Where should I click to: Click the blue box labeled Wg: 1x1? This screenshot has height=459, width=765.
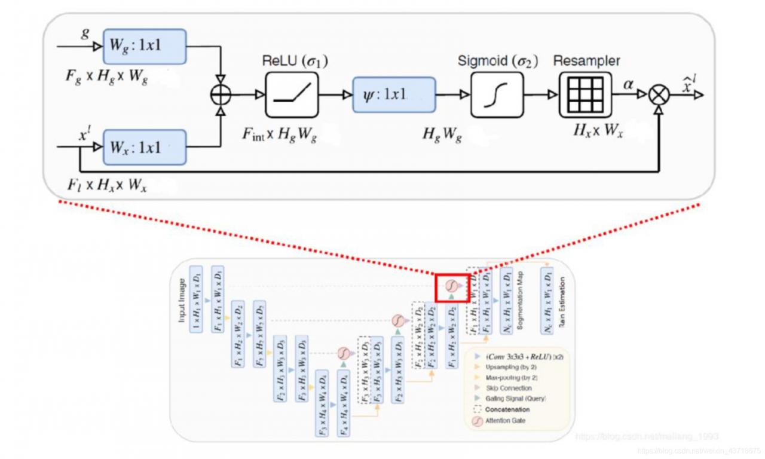pyautogui.click(x=144, y=46)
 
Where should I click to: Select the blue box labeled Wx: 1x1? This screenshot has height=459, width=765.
pyautogui.click(x=144, y=146)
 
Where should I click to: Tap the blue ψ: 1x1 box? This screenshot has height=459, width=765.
pyautogui.click(x=394, y=94)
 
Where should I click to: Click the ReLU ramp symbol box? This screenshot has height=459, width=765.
pyautogui.click(x=292, y=94)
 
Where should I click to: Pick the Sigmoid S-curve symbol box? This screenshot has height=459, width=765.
pyautogui.click(x=497, y=94)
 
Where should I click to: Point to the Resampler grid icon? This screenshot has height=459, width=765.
pyautogui.click(x=586, y=94)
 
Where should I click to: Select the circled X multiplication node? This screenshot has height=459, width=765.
pyautogui.click(x=659, y=95)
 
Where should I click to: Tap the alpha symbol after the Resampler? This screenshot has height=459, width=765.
pyautogui.click(x=628, y=85)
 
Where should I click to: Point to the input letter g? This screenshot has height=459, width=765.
pyautogui.click(x=85, y=33)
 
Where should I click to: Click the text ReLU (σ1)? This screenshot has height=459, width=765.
pyautogui.click(x=295, y=62)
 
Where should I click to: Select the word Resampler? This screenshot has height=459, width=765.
pyautogui.click(x=586, y=61)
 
